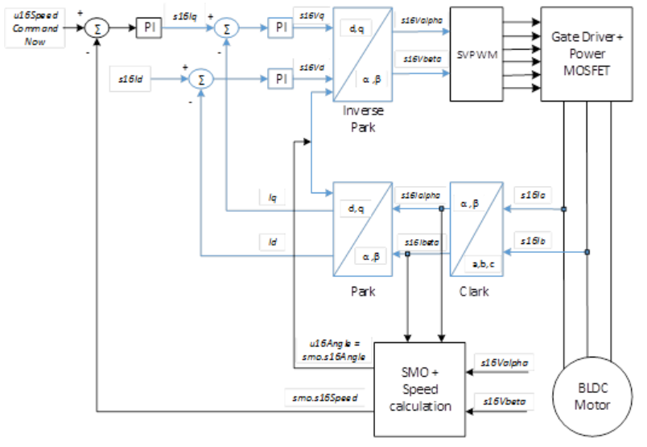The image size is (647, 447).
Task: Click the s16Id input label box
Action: coord(129,79)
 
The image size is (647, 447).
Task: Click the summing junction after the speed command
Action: coord(97,28)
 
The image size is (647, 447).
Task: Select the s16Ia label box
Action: coord(534,196)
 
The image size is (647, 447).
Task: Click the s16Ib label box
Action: coord(534,240)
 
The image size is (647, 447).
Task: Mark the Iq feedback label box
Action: coord(273,196)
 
